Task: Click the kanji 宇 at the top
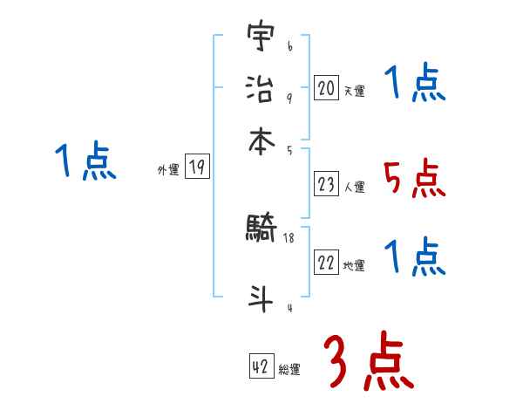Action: pyautogui.click(x=261, y=38)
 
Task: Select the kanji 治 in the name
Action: pyautogui.click(x=261, y=88)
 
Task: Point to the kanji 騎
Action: pyautogui.click(x=261, y=229)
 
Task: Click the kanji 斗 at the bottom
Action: pyautogui.click(x=261, y=296)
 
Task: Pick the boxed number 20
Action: pyautogui.click(x=326, y=87)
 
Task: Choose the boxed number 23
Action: pyautogui.click(x=326, y=184)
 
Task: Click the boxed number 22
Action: pyautogui.click(x=326, y=263)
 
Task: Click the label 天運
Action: pyautogui.click(x=354, y=91)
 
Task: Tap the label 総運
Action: pyautogui.click(x=289, y=370)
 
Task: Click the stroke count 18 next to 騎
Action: pyautogui.click(x=289, y=238)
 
